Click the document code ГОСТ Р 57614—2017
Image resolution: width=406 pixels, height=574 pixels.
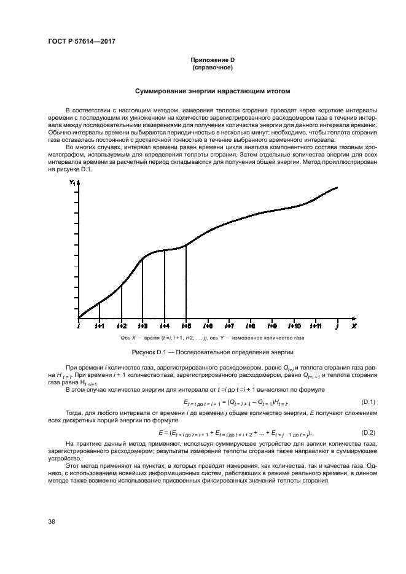pyautogui.click(x=82, y=41)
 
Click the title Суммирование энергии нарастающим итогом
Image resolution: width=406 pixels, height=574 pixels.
pyautogui.click(x=213, y=91)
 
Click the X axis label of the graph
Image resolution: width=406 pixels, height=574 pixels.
pyautogui.click(x=354, y=325)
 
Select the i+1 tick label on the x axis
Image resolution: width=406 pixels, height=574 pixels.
pyautogui.click(x=100, y=325)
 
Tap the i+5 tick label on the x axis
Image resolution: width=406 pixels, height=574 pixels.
pyautogui.click(x=185, y=325)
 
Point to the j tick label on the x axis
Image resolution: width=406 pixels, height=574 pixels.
pyautogui.click(x=337, y=325)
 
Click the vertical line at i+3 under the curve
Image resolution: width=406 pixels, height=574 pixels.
pyautogui.click(x=142, y=289)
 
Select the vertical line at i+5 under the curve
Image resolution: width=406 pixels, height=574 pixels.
pyautogui.click(x=186, y=282)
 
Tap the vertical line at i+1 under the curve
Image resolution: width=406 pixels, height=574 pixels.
pyautogui.click(x=100, y=310)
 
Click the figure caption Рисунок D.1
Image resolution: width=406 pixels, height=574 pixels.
pyautogui.click(x=213, y=352)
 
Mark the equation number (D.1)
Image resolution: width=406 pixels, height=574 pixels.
pyautogui.click(x=369, y=402)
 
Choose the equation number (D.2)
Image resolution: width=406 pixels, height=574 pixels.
pyautogui.click(x=369, y=433)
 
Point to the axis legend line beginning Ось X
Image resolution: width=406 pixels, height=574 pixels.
pyautogui.click(x=213, y=338)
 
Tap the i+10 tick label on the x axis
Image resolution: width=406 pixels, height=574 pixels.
pyautogui.click(x=294, y=325)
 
